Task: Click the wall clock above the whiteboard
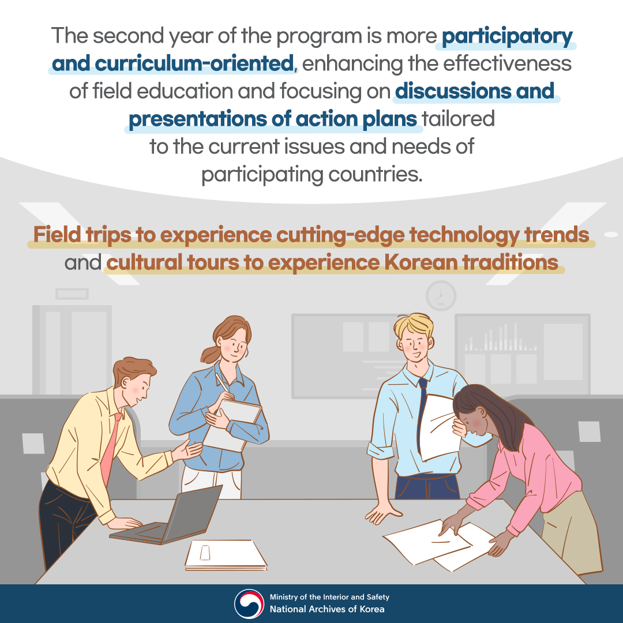pos(441,296)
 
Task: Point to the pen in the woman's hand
pos(222,385)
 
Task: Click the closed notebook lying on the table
pos(226,554)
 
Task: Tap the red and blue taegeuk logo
pos(249,603)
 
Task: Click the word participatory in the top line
pos(508,37)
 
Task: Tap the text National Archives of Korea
pos(327,609)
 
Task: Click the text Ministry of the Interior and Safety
pos(329,598)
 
